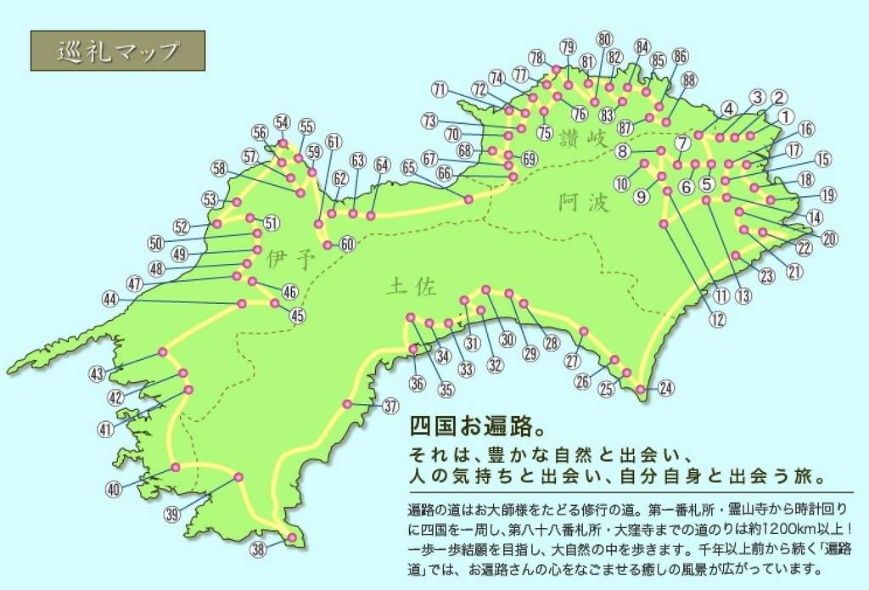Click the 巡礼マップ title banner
click(x=118, y=51)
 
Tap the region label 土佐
click(x=411, y=287)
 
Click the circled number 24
click(x=665, y=389)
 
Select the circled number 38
click(x=258, y=549)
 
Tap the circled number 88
click(x=688, y=80)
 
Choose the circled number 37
click(x=390, y=406)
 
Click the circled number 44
click(x=109, y=299)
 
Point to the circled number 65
click(x=409, y=167)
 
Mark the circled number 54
click(x=282, y=121)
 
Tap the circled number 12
click(x=718, y=319)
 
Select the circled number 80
click(x=604, y=39)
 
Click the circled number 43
click(x=97, y=374)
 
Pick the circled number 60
click(x=346, y=244)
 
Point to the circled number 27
click(x=572, y=361)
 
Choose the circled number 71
click(x=439, y=89)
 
